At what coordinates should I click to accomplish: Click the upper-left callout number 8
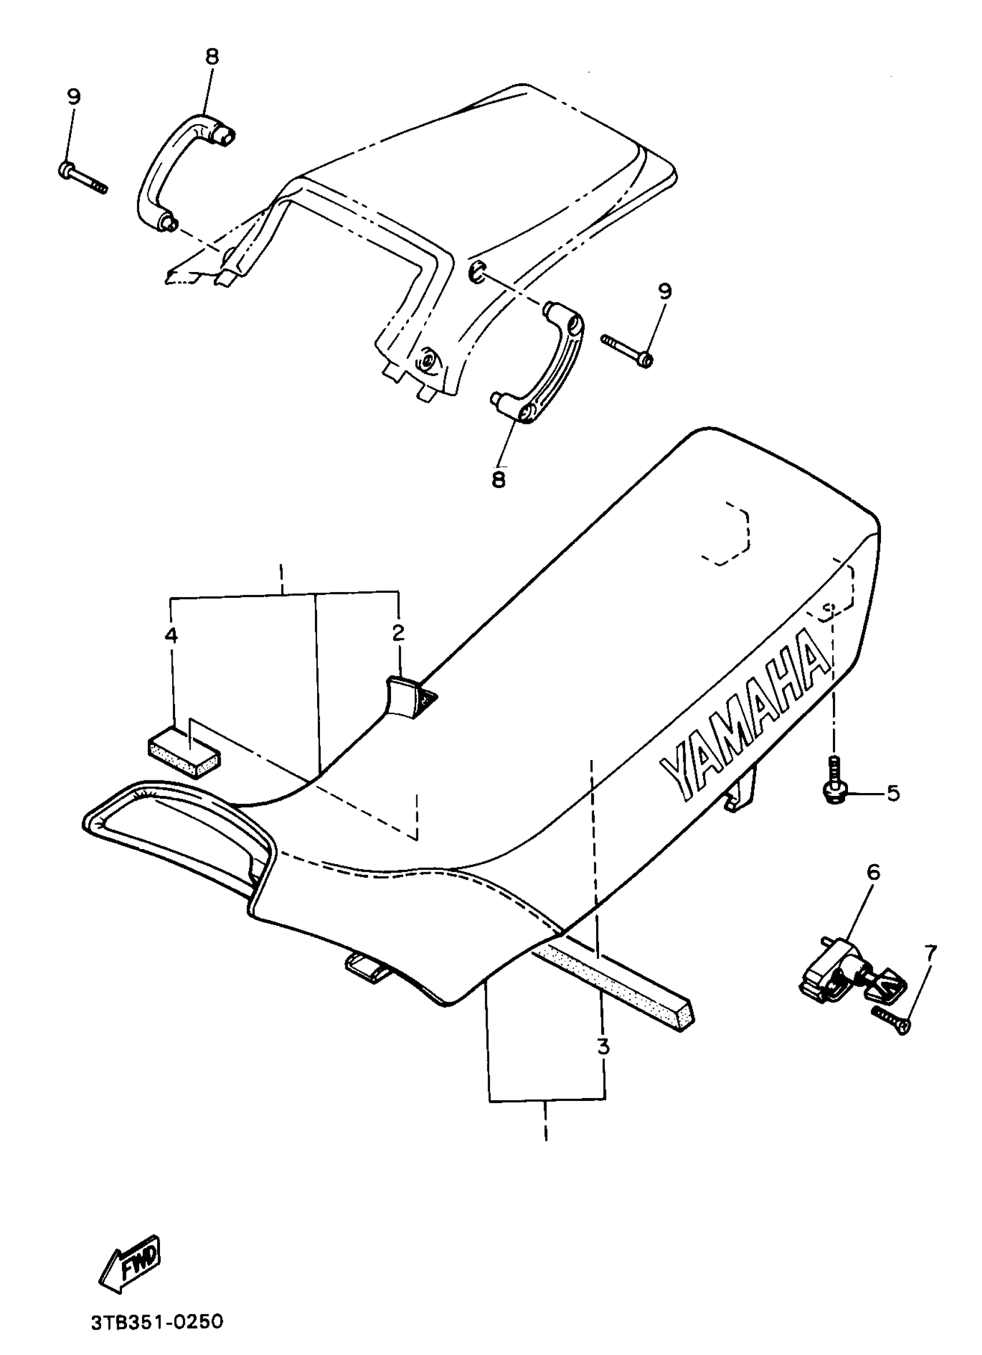(212, 57)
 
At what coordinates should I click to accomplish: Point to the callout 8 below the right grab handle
(499, 479)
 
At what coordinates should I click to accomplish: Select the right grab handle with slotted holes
(553, 364)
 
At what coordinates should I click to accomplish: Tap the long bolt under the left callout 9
(83, 177)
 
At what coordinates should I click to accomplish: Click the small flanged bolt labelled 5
(833, 783)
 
